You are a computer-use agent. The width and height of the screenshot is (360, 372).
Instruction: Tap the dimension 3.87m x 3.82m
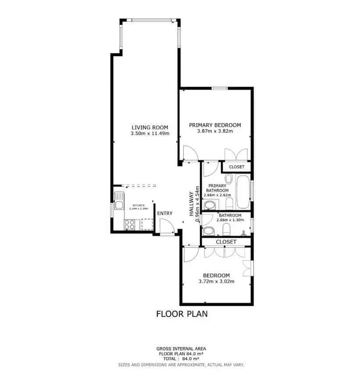pyautogui.click(x=215, y=131)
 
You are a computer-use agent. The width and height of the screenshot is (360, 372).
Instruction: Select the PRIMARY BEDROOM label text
pyautogui.click(x=215, y=125)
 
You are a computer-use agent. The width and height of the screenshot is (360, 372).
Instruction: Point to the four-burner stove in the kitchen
pyautogui.click(x=129, y=224)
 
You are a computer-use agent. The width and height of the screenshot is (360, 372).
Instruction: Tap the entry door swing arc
pyautogui.click(x=165, y=226)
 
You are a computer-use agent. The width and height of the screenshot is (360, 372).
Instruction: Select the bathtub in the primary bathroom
pyautogui.click(x=243, y=192)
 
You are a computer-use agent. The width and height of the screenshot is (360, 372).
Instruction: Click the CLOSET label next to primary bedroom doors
pyautogui.click(x=236, y=167)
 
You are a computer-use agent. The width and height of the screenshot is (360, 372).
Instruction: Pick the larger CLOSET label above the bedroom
pyautogui.click(x=226, y=242)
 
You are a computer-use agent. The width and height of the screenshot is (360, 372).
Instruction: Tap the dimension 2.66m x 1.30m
pyautogui.click(x=230, y=220)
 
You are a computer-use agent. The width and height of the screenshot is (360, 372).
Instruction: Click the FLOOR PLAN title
pyautogui.click(x=182, y=314)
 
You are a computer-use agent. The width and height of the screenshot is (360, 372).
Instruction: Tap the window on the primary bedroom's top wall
pyautogui.click(x=219, y=89)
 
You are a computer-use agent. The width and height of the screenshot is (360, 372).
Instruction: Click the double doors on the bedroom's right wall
pyautogui.click(x=248, y=268)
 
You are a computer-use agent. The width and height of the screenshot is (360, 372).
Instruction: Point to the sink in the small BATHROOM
pyautogui.click(x=208, y=231)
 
